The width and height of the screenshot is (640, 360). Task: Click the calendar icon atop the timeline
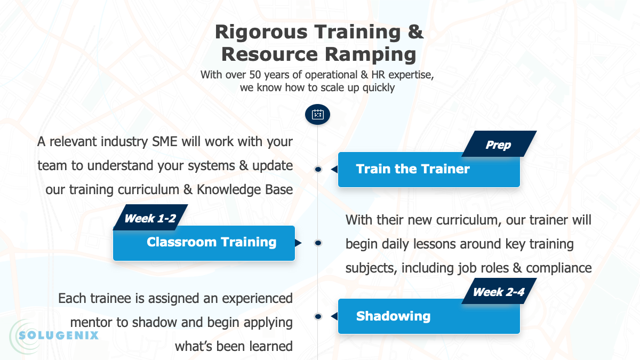[317, 114]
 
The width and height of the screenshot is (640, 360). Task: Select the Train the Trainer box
[429, 170]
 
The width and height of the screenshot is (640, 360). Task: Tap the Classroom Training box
[204, 243]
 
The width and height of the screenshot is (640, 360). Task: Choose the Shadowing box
[429, 316]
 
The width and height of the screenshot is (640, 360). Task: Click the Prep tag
[498, 145]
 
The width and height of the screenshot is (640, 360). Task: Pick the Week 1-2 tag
[150, 218]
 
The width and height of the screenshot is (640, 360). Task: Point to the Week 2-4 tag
[498, 292]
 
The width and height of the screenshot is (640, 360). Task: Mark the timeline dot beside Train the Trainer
[318, 169]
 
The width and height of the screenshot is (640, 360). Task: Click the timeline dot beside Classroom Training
[318, 243]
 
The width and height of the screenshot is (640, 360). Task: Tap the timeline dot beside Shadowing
[318, 316]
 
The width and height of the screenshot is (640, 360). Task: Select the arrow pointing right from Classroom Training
[298, 243]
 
